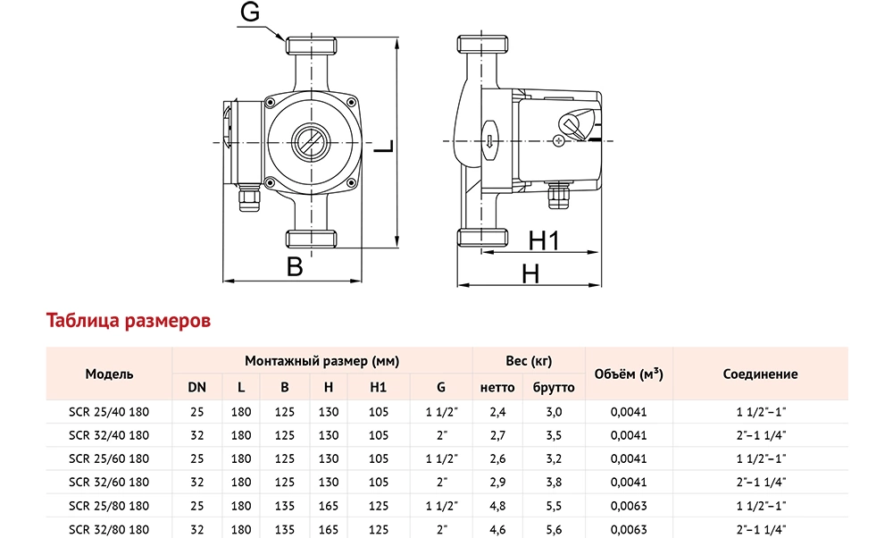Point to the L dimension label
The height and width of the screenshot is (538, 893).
pos(382,146)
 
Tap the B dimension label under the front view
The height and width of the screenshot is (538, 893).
pos(296,265)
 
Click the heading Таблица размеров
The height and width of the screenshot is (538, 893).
pos(128,320)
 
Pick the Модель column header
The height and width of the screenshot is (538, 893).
pos(109,374)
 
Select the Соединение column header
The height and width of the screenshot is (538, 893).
pos(760,374)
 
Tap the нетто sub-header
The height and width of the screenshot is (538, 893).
pos(497,388)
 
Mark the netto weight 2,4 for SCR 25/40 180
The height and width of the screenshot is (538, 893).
pos(497,412)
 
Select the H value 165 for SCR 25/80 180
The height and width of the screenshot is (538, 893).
pos(329,505)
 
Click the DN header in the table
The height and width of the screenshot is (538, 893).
pos(196,388)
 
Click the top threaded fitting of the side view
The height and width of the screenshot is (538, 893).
pos(482,45)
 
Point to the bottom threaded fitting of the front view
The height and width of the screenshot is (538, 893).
pos(310,238)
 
